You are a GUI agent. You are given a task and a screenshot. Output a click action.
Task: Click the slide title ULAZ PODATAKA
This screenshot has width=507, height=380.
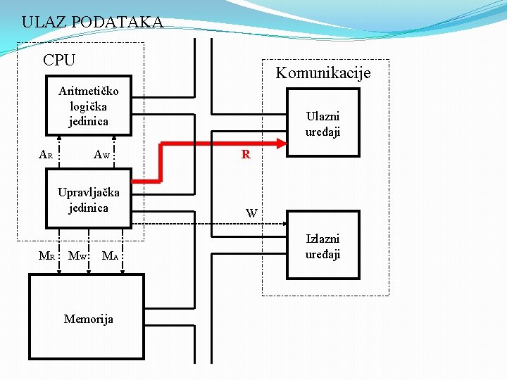92,22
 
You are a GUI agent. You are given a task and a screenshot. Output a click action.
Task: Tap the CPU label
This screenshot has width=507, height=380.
59,61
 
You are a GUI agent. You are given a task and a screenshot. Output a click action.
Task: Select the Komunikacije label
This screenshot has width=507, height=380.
323,72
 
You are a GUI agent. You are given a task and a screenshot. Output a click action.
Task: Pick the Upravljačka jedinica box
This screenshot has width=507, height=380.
89,199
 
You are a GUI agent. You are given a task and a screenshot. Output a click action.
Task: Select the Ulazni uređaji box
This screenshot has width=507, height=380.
323,123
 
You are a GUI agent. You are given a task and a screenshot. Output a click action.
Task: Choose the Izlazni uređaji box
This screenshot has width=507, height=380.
323,246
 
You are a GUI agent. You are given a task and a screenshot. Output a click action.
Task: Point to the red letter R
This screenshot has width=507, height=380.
246,154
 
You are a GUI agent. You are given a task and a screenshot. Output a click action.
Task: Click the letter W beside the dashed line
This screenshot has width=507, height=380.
251,213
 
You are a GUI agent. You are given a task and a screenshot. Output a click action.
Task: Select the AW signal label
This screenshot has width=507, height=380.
102,154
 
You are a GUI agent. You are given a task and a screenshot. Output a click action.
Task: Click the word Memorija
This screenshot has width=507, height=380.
89,319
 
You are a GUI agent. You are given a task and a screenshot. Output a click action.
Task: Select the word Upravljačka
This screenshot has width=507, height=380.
89,192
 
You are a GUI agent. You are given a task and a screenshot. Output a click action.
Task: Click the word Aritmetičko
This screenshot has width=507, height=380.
89,91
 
